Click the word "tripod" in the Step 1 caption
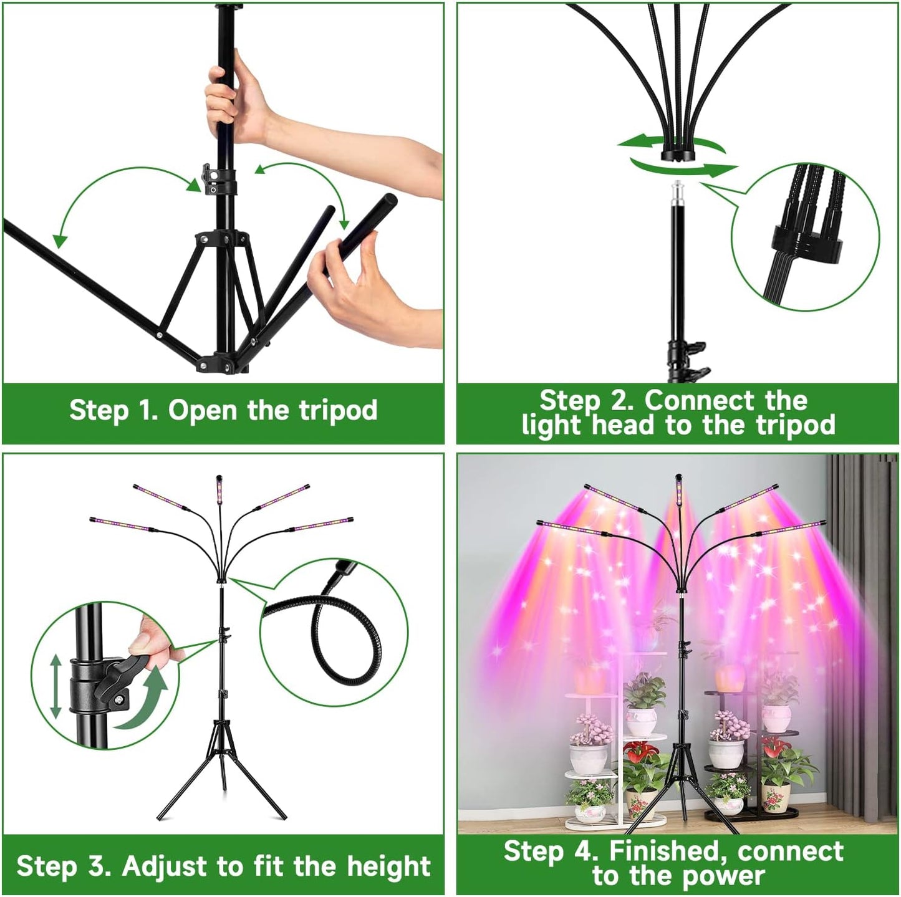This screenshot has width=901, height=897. coord(338,411)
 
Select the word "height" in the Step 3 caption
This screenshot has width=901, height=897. coord(388,866)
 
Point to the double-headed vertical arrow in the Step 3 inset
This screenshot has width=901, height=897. coord(55,685)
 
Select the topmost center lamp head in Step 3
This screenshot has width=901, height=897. coord(219,489)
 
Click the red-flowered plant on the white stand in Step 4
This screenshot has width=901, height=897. coord(642,767)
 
